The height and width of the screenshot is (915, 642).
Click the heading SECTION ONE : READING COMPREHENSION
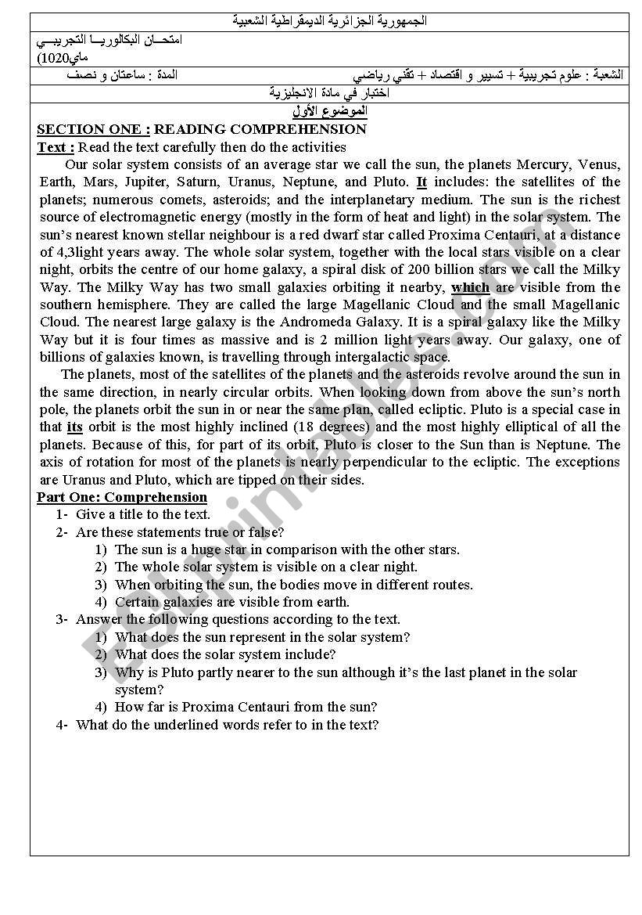point(202,130)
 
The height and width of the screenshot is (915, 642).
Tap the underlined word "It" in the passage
point(421,182)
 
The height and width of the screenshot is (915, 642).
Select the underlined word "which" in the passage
point(470,287)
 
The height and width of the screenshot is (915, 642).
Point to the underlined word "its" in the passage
point(75,427)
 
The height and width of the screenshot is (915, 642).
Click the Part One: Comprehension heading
point(122,497)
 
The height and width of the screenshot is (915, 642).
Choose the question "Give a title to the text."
point(143,514)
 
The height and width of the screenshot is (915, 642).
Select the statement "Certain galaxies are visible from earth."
point(232,602)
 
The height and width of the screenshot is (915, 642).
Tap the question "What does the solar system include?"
point(225,654)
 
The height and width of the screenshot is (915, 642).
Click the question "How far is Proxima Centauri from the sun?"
point(246,707)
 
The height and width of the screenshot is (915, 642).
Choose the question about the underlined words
point(227,725)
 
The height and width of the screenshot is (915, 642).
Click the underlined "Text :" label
point(56,147)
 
